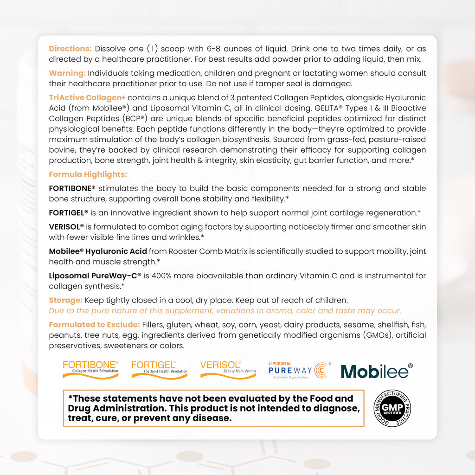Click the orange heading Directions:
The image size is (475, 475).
[71, 49]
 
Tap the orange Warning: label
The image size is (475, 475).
[67, 73]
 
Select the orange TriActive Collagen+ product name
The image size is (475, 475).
[87, 97]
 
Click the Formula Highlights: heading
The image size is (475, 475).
[88, 174]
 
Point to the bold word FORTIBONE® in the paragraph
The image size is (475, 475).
[72, 188]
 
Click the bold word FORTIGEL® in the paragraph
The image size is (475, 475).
[69, 213]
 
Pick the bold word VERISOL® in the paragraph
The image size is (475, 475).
[66, 227]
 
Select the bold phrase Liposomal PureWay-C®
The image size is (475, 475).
[95, 276]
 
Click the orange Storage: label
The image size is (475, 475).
[66, 301]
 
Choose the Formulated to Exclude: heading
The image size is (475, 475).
[94, 325]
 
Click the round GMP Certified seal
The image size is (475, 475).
[392, 408]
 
